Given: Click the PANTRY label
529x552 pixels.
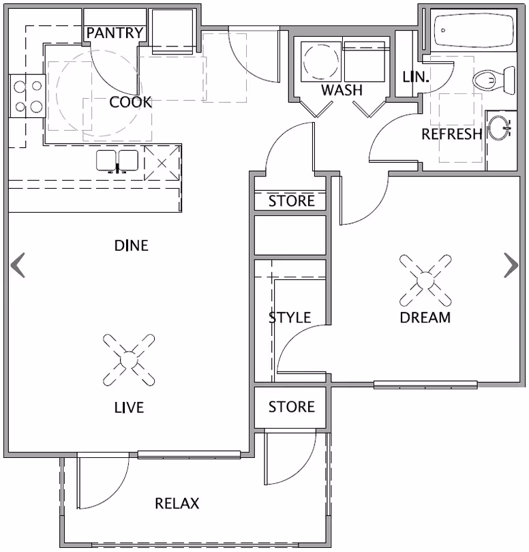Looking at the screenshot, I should pyautogui.click(x=115, y=33).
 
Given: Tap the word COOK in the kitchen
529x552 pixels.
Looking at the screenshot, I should pyautogui.click(x=130, y=102).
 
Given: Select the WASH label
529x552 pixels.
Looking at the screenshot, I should pyautogui.click(x=342, y=90).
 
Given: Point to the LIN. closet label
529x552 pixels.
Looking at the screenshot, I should pyautogui.click(x=415, y=77).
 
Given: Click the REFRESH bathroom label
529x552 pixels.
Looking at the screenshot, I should pyautogui.click(x=451, y=134).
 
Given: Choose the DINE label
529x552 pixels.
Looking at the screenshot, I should pyautogui.click(x=131, y=245).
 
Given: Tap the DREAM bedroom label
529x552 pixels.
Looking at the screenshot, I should pyautogui.click(x=425, y=317).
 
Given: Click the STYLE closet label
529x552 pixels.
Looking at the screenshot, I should pyautogui.click(x=289, y=318).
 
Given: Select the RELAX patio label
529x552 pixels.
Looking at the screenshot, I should pyautogui.click(x=177, y=504).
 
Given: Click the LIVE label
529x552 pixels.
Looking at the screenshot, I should pyautogui.click(x=129, y=408).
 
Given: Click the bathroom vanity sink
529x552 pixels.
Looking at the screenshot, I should pyautogui.click(x=502, y=127).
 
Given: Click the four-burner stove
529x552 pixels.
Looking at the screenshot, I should pyautogui.click(x=27, y=96).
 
